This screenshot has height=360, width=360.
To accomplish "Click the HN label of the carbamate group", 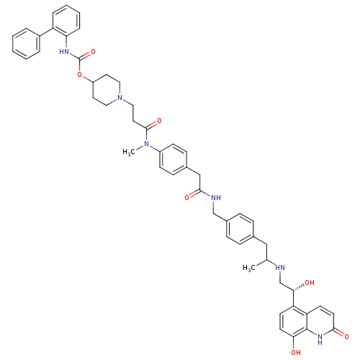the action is click(x=64, y=51).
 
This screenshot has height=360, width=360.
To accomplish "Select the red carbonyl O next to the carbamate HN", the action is click(x=93, y=51).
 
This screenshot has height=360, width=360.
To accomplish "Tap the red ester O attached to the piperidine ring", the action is click(x=80, y=75).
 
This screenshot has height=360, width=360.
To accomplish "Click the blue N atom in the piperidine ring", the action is click(x=120, y=98).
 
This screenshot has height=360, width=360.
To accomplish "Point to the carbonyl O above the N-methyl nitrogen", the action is click(x=159, y=120).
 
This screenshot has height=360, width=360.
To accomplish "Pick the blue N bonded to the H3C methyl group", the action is click(x=146, y=144).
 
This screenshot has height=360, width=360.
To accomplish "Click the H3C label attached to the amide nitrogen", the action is click(x=129, y=152).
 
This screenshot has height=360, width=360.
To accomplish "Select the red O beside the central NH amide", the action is click(x=187, y=197).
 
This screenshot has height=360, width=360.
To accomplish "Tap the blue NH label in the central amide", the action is click(x=216, y=197).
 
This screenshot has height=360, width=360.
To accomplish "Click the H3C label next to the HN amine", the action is click(x=249, y=268).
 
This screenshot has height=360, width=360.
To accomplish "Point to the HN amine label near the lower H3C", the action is click(x=280, y=267).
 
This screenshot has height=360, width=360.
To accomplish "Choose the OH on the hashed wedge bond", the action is click(x=310, y=283).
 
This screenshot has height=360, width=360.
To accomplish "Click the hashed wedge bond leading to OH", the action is click(x=299, y=287).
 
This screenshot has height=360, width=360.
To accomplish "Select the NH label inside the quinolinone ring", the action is click(x=320, y=338).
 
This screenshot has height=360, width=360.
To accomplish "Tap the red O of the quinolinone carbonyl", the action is click(x=346, y=336).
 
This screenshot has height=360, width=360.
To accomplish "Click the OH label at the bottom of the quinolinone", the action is click(x=296, y=352).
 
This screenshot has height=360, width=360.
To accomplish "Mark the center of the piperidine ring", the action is click(x=107, y=90).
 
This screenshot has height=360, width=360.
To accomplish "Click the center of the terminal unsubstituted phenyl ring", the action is click(x=26, y=44).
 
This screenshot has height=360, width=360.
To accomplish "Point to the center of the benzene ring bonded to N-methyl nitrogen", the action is click(x=173, y=159).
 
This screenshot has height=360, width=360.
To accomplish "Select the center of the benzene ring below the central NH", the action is click(x=240, y=229).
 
